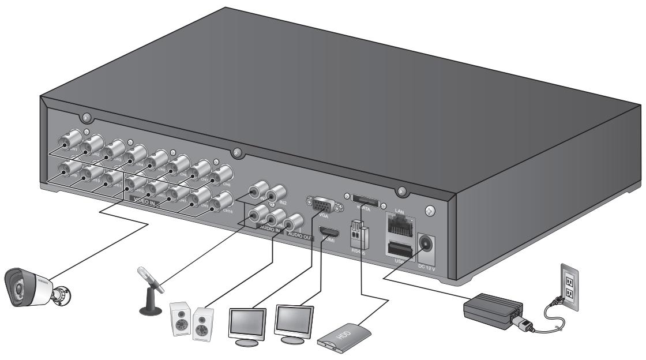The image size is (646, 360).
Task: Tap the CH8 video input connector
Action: [x=221, y=172]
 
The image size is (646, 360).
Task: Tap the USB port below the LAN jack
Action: [x=401, y=250]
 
